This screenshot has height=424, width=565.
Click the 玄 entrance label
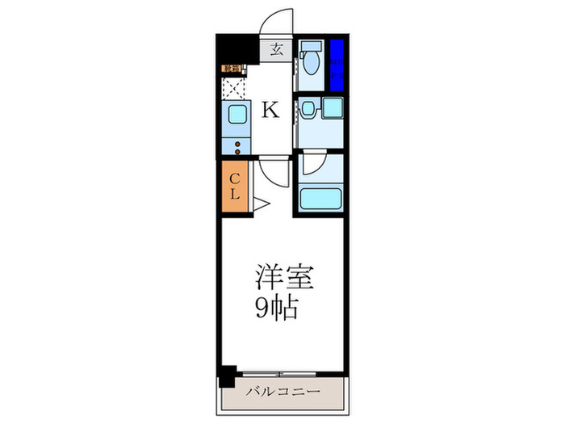tap(276, 49)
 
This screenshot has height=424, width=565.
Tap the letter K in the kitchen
tap(271, 109)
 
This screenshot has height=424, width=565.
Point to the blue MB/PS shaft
tap(337, 64)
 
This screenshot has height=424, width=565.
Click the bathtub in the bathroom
tap(320, 199)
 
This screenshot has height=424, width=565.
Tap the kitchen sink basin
tap(238, 115)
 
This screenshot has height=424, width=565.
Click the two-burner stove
tap(238, 145)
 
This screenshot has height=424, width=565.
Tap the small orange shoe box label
tap(231, 69)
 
